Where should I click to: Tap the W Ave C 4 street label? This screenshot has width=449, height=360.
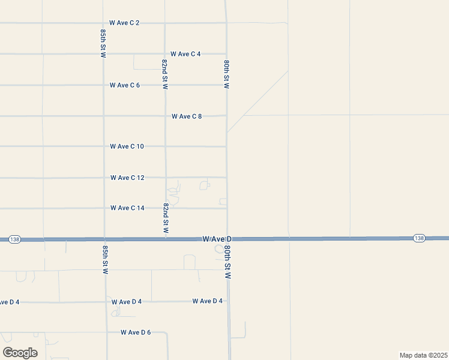185,54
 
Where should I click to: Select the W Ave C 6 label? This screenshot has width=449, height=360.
125,85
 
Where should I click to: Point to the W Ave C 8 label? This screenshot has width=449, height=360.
187,116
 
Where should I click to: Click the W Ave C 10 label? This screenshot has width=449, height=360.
127,146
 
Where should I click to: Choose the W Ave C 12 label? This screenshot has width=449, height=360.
127,178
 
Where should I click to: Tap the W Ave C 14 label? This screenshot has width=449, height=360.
127,208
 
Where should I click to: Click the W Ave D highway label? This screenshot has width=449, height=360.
217,239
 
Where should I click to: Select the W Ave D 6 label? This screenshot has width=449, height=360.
136,332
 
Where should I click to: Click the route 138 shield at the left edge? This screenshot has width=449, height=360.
15,239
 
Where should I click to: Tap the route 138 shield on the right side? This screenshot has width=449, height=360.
419,238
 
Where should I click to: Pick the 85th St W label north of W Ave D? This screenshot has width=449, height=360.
104,43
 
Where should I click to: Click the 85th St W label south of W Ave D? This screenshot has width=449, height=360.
105,259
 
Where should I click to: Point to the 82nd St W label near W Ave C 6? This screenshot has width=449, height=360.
165,74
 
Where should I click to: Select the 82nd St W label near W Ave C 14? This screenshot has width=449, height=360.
166,218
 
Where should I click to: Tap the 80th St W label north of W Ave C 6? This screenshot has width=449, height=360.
227,74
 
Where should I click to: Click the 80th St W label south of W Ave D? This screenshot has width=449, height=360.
228,262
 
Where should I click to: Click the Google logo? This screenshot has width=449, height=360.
20,352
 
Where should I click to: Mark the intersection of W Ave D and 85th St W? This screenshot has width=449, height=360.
105,239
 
